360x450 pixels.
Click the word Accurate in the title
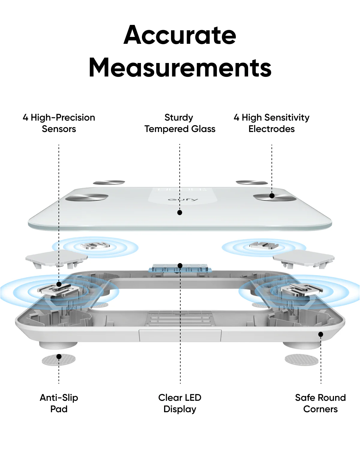pyautogui.click(x=180, y=35)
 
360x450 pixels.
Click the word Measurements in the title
pyautogui.click(x=180, y=68)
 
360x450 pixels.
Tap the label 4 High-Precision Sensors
pyautogui.click(x=59, y=123)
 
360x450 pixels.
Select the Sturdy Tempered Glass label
pyautogui.click(x=180, y=123)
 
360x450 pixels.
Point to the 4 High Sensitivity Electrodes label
pyautogui.click(x=271, y=123)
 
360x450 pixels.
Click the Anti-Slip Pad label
pyautogui.click(x=59, y=403)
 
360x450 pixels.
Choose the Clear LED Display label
pyautogui.click(x=180, y=403)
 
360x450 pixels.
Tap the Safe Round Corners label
pyautogui.click(x=320, y=403)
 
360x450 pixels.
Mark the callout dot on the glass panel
pyautogui.click(x=180, y=212)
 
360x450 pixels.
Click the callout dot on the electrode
pyautogui.click(x=272, y=196)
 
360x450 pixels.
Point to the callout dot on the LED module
pyautogui.click(x=180, y=265)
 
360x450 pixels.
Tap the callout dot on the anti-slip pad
pyautogui.click(x=59, y=356)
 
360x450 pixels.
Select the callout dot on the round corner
pyautogui.click(x=321, y=334)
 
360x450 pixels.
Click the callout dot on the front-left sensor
pyautogui.click(x=59, y=284)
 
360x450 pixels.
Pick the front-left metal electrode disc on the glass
pyautogui.click(x=87, y=197)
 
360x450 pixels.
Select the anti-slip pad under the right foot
pyautogui.click(x=301, y=360)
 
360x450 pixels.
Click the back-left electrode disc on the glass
pyautogui.click(x=109, y=182)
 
